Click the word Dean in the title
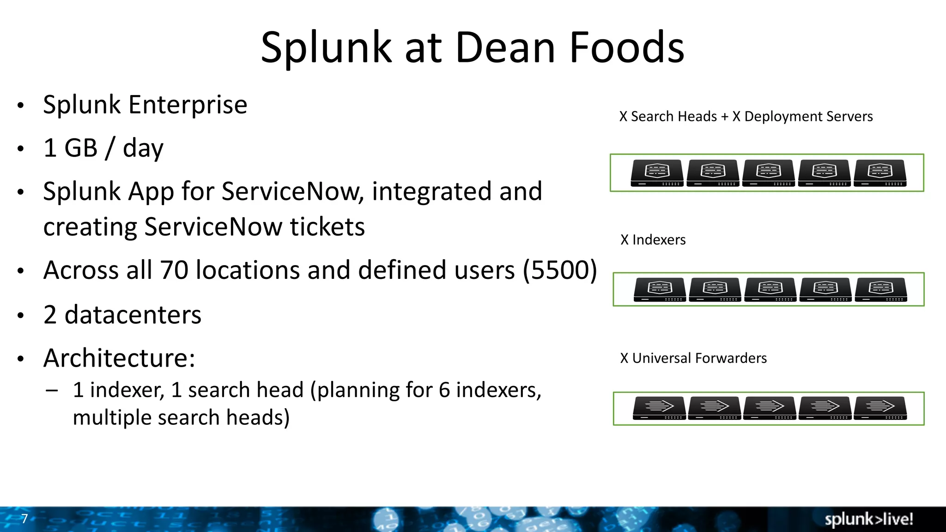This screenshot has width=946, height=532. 505,48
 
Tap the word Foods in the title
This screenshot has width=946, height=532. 626,48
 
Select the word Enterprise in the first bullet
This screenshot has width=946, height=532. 188,105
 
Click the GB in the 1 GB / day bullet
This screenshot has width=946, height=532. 81,148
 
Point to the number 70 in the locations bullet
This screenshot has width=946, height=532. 174,270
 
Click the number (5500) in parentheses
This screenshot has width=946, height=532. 560,270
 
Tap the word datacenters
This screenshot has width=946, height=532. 133,315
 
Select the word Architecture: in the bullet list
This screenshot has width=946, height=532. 120,358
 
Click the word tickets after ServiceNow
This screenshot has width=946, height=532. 327,227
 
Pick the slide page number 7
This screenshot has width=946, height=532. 24,519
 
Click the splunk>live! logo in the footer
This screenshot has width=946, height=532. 868,519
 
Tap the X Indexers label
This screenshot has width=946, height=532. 653,240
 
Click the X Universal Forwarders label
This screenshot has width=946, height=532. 693,358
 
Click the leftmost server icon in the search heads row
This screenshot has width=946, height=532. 657,173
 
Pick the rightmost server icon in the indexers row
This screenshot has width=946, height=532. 881,290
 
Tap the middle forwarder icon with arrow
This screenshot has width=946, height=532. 770,408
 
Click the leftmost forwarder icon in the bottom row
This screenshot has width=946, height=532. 659,408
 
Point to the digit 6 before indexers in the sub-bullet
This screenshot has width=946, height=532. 444,390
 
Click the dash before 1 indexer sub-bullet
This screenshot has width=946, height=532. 52,390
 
